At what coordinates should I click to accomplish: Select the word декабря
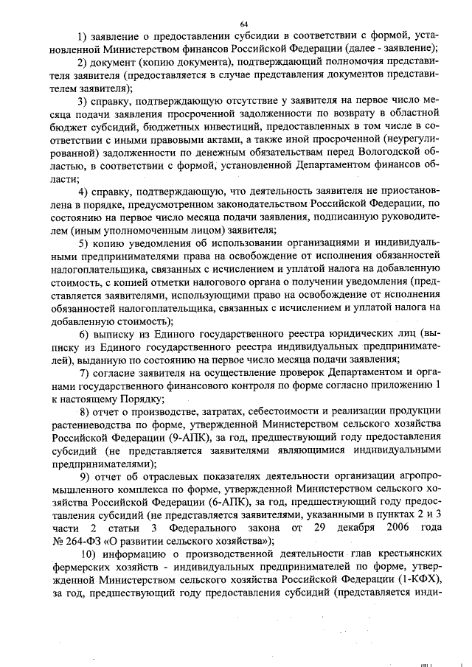(337, 528)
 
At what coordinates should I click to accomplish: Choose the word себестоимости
(275, 410)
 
